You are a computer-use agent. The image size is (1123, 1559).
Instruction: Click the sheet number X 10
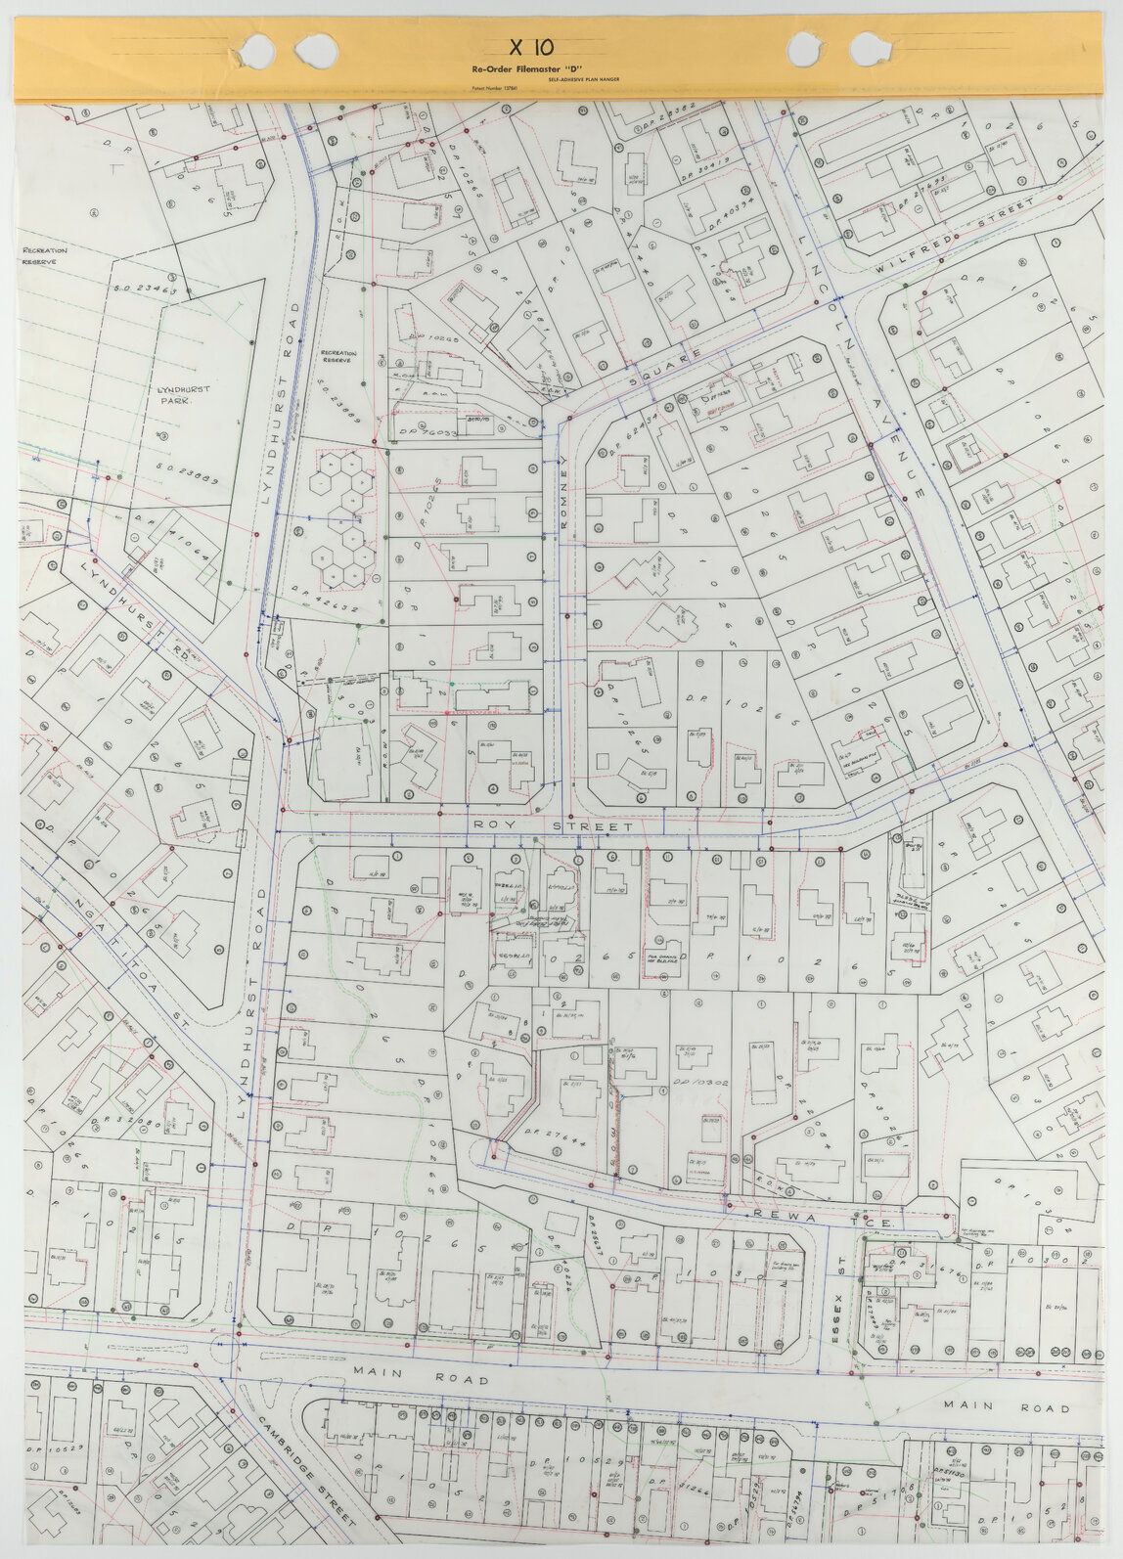pos(532,47)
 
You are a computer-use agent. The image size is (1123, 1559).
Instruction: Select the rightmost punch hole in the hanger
pos(870,49)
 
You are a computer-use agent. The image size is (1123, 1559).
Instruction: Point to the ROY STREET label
pos(553,826)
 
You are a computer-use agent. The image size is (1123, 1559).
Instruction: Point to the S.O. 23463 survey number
pos(145,290)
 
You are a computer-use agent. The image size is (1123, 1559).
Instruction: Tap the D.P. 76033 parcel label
pos(427,430)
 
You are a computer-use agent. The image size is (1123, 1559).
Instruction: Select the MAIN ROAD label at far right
pos(1008,1406)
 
